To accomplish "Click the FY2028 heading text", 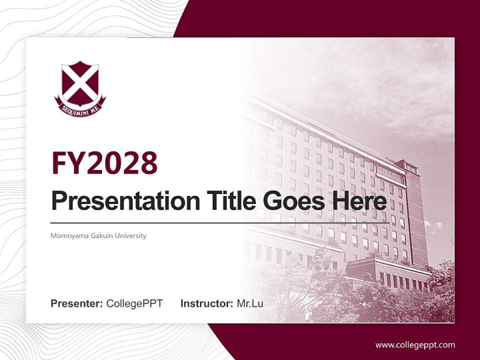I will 104,163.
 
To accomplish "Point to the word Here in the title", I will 361,201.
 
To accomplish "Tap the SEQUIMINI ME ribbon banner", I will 80,106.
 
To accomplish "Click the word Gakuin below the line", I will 100,235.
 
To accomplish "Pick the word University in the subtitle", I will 130,235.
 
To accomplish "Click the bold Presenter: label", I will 77,303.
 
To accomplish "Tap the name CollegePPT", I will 134,303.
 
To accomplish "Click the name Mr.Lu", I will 250,303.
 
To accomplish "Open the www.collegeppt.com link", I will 415,344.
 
